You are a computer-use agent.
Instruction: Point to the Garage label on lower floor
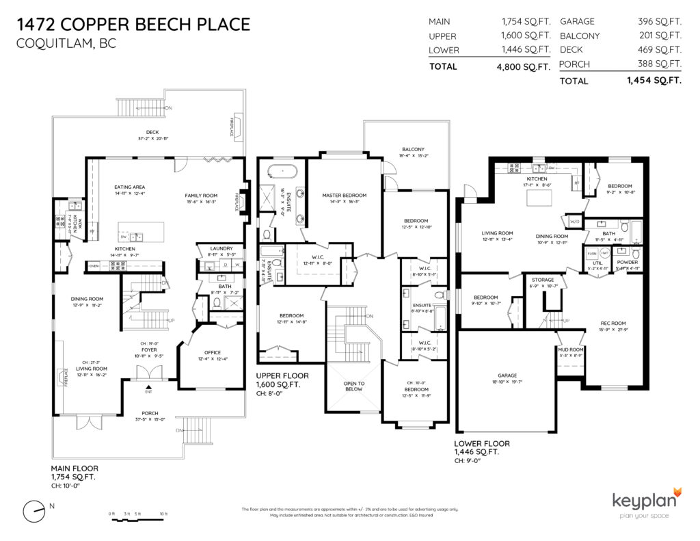507,375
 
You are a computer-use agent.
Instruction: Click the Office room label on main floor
211,352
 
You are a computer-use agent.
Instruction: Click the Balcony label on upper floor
412,149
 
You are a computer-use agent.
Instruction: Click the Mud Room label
570,349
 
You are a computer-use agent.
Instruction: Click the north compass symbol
32,512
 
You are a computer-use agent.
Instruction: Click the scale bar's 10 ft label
163,513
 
